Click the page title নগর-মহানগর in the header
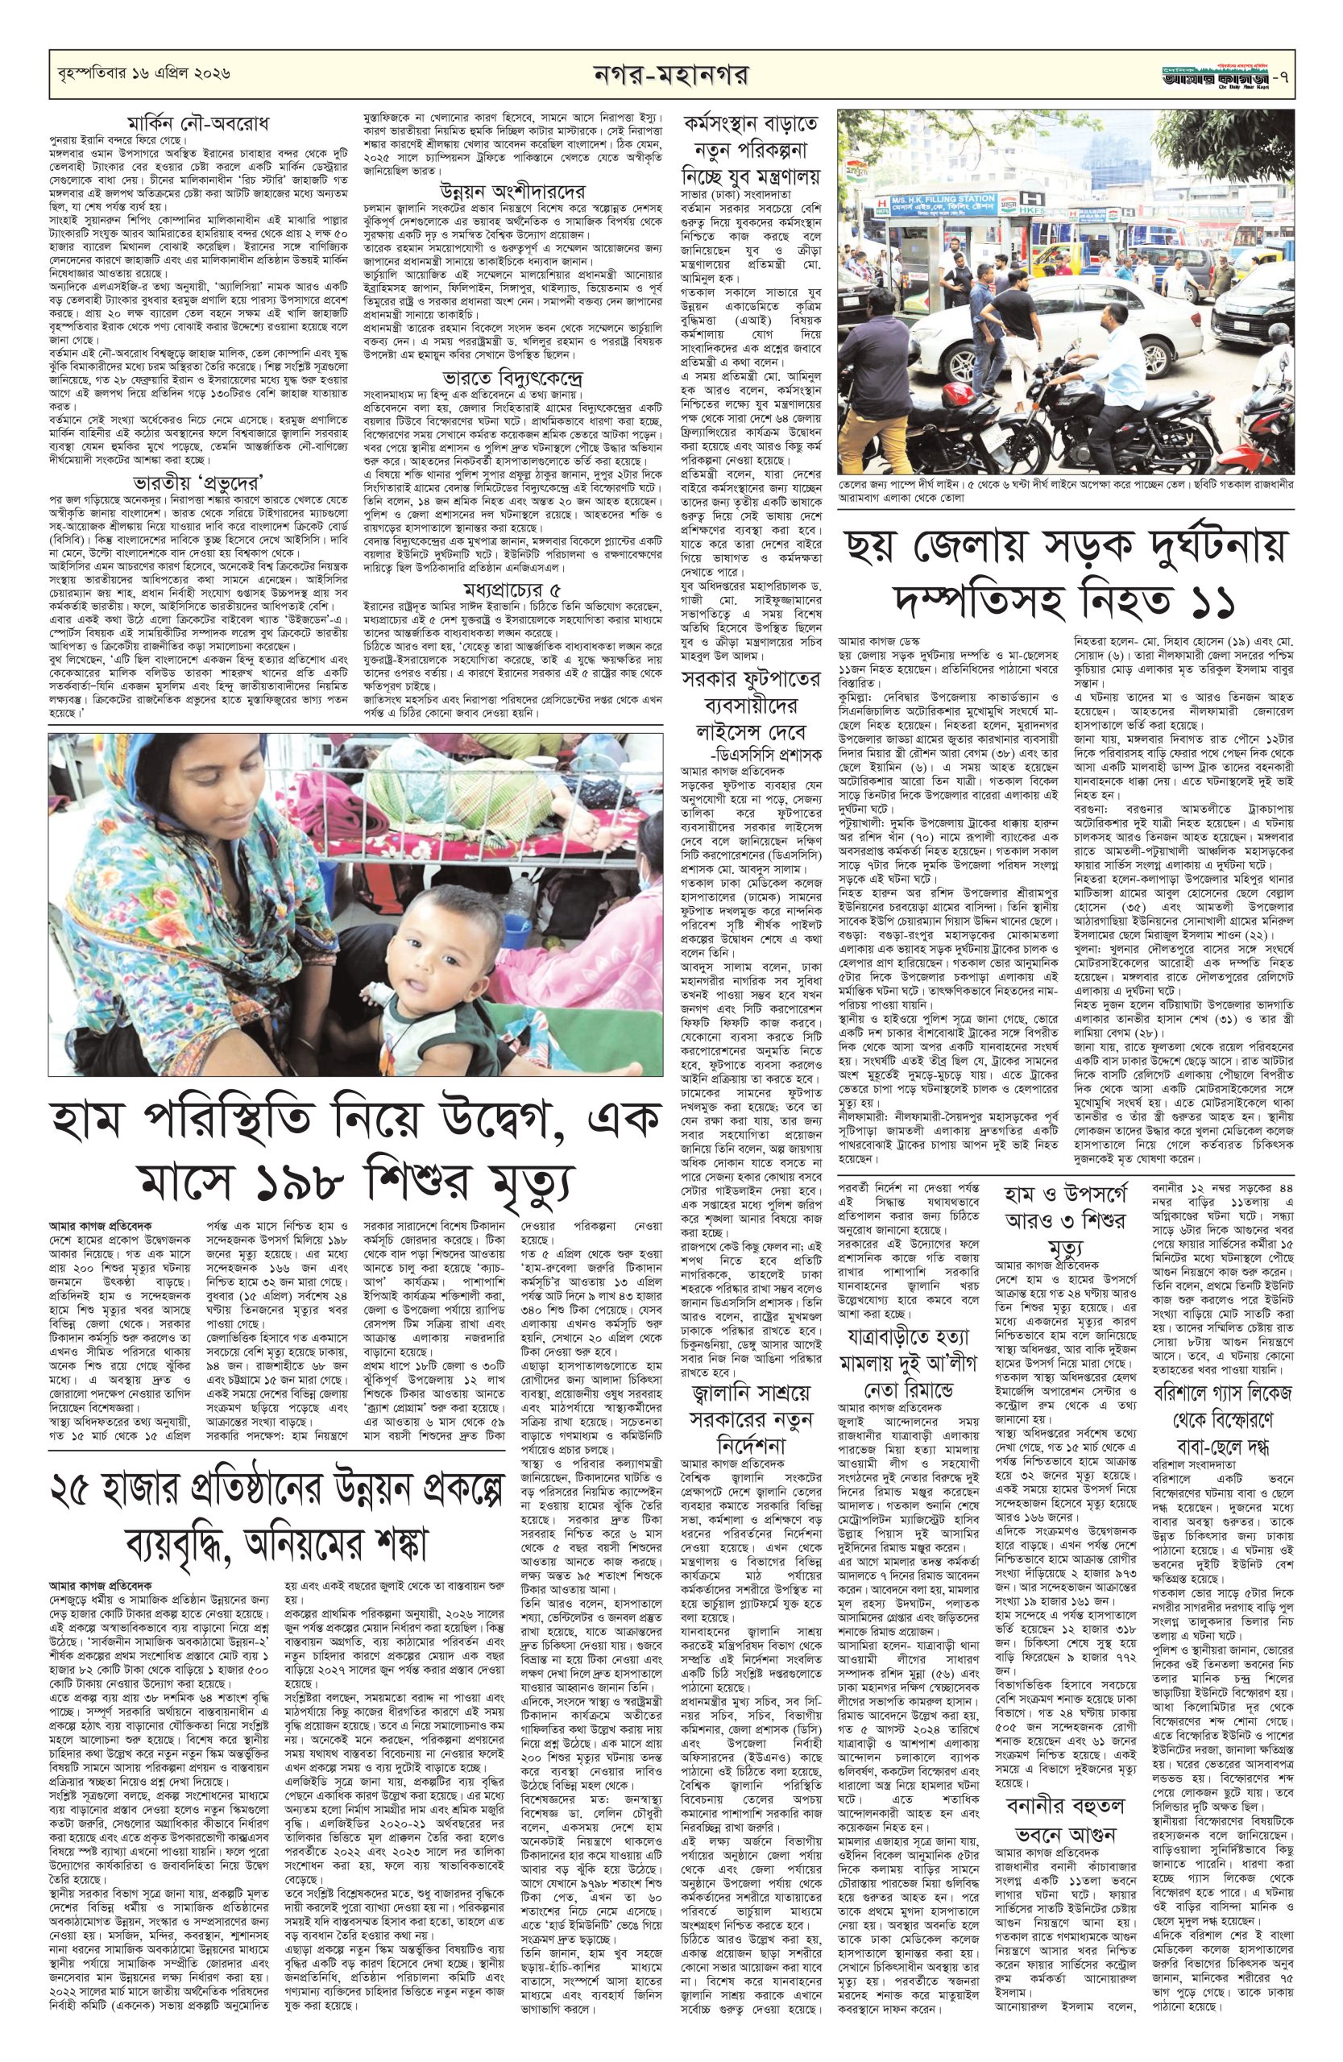pyautogui.click(x=670, y=76)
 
